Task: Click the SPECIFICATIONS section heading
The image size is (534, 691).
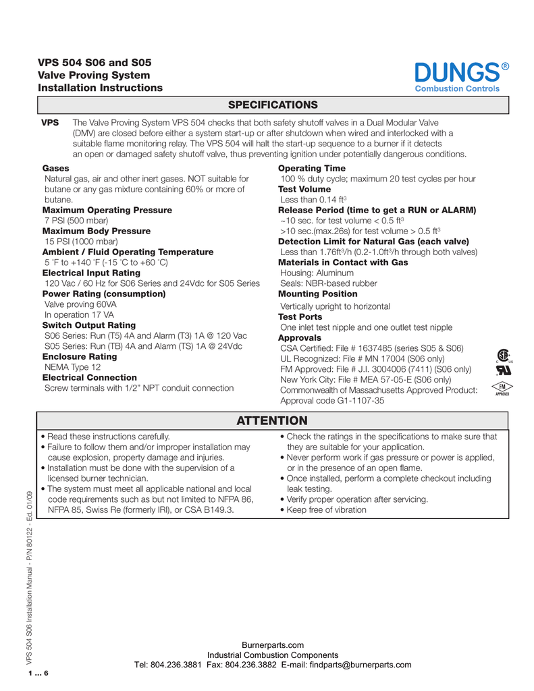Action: (x=273, y=105)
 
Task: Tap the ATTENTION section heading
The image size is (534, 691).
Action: (x=273, y=421)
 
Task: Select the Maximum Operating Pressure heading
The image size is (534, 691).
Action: (x=107, y=210)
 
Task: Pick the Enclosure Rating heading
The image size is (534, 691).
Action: (x=80, y=356)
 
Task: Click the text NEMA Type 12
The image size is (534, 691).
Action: (x=72, y=367)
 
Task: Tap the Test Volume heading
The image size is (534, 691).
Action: (x=304, y=190)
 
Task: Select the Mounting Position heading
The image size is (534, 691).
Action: (x=318, y=294)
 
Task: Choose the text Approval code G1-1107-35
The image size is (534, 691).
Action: (x=332, y=400)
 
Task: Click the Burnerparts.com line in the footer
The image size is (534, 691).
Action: (x=273, y=645)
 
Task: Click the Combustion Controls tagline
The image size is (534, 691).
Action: (x=456, y=88)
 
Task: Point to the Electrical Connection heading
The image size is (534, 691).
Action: (x=90, y=377)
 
